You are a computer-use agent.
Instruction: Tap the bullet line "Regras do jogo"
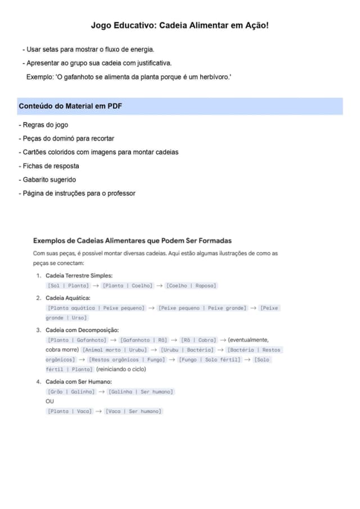[x=45, y=125]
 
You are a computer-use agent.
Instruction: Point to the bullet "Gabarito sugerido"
[x=49, y=179]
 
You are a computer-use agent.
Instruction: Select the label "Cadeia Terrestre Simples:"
[x=79, y=276]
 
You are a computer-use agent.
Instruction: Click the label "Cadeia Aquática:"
[x=67, y=298]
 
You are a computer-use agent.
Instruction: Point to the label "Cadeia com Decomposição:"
[x=82, y=330]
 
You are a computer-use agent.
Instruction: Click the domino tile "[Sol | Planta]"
[x=67, y=286]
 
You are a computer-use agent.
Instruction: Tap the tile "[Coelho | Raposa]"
[x=191, y=286]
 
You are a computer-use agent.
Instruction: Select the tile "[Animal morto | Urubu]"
[x=114, y=350]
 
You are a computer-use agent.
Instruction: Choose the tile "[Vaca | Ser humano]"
[x=133, y=411]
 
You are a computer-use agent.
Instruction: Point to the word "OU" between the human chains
[x=50, y=402]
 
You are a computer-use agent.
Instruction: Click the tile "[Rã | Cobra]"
[x=198, y=340]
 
